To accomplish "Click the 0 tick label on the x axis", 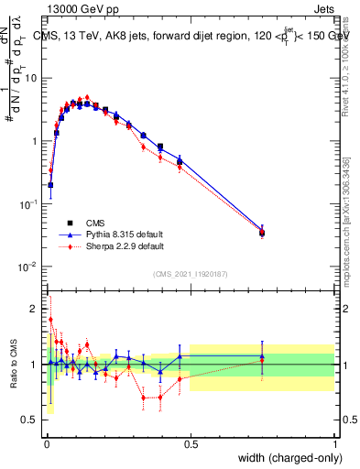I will pos(46,444).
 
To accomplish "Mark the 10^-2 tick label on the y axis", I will pos(29,267).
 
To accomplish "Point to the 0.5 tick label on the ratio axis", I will pos(31,420).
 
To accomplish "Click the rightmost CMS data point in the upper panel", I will pos(262,233).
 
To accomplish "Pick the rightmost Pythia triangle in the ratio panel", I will pos(262,355).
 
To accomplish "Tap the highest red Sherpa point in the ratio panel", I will pos(50,320).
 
